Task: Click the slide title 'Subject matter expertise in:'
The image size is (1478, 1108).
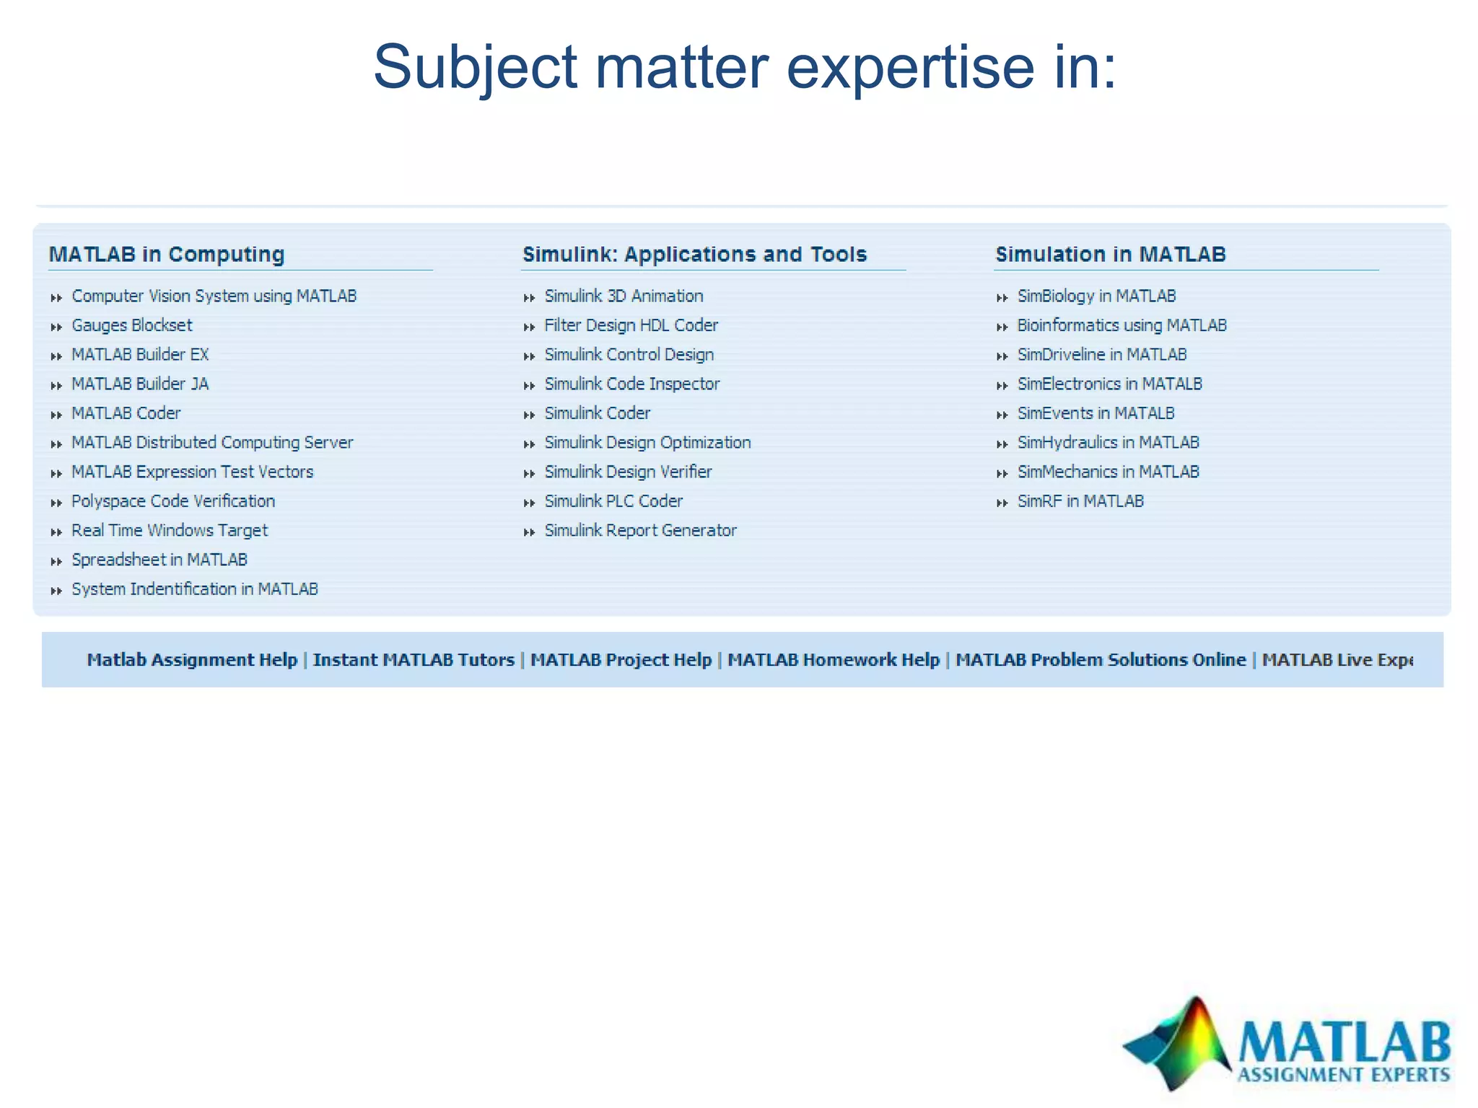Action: [745, 67]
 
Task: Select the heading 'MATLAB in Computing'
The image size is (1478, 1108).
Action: [167, 254]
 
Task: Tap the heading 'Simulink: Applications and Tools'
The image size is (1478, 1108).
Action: [694, 254]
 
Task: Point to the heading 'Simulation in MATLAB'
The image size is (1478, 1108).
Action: [1110, 254]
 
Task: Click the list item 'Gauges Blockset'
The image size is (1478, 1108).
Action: [132, 325]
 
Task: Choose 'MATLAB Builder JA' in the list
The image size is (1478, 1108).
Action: [140, 384]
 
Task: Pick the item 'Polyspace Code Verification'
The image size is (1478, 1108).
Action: [173, 501]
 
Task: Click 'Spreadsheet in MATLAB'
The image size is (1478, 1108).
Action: [159, 560]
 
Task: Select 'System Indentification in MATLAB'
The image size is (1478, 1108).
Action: [195, 589]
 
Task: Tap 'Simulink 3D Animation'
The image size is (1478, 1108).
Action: [624, 296]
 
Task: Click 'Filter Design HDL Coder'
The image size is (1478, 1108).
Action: [631, 325]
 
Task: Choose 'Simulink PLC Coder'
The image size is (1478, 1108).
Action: [613, 501]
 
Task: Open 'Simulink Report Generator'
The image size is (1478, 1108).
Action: [640, 531]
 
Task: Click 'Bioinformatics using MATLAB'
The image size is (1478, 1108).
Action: [1121, 325]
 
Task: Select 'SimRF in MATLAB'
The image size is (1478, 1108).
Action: [1080, 501]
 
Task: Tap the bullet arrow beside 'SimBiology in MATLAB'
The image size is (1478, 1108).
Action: [1002, 297]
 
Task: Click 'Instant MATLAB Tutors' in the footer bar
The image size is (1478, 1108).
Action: [414, 660]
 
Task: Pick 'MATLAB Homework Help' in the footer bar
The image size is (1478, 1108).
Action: [833, 660]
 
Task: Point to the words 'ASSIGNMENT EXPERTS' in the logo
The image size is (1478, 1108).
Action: [1343, 1075]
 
